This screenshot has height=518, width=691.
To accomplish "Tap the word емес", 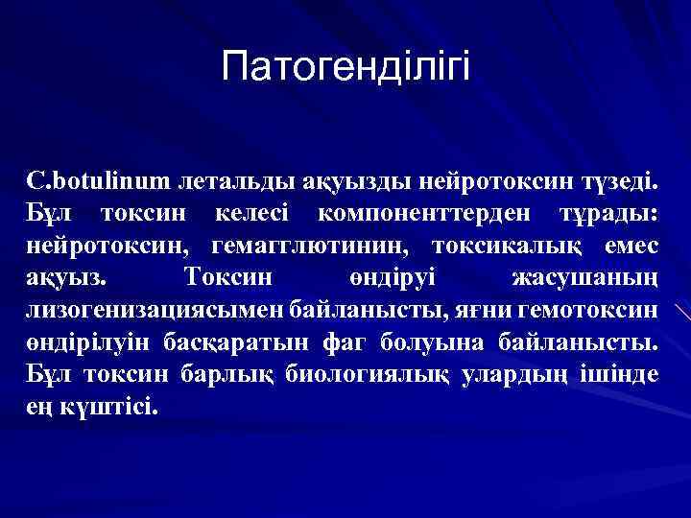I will pyautogui.click(x=631, y=246).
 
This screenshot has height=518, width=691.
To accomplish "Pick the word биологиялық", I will pyautogui.click(x=366, y=375).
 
